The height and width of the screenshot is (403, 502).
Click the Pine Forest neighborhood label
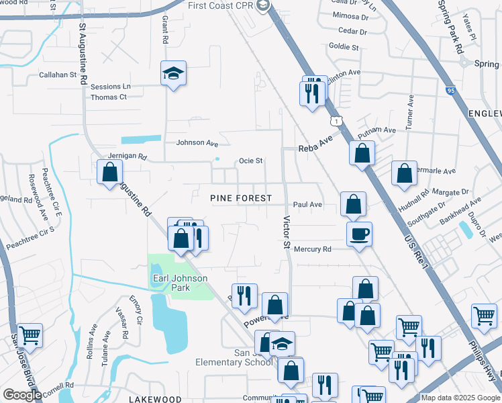coord(241,198)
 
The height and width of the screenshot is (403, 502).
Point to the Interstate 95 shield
coord(450,89)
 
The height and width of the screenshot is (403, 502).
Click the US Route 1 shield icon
coord(335,120)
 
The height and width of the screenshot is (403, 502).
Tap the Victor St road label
coord(287,232)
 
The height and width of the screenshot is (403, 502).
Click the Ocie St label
coord(250,161)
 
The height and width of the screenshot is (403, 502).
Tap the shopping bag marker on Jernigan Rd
coord(109,172)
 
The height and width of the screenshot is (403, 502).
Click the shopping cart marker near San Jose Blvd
coord(29,334)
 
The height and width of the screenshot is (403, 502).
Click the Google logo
coord(22,395)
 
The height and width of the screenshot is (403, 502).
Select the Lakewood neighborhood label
coord(155,399)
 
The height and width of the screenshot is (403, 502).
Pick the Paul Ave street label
coord(307,205)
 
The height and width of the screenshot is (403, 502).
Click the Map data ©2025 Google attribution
coord(459,398)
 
